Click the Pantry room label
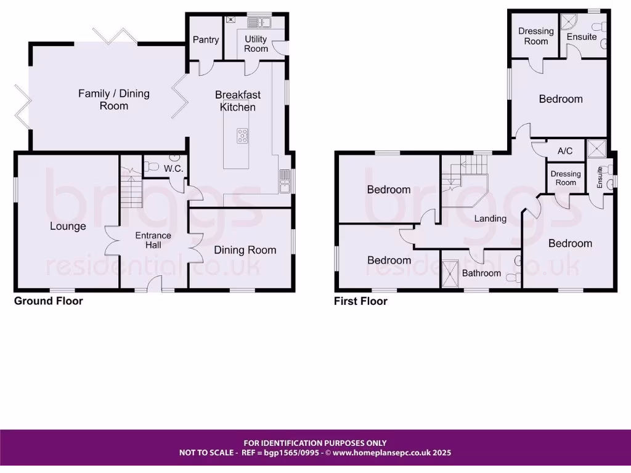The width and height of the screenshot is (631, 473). (x=205, y=39)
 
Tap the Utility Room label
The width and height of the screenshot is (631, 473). (x=256, y=44)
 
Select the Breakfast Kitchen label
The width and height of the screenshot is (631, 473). (x=238, y=101)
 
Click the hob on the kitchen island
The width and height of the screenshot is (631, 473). (x=243, y=135)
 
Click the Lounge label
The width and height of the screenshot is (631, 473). (x=68, y=226)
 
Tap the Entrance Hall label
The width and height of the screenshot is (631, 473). (x=153, y=240)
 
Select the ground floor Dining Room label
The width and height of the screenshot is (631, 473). (x=245, y=249)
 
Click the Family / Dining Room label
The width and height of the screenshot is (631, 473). (x=114, y=100)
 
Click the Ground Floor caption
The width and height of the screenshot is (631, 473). (x=49, y=301)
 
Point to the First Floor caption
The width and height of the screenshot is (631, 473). (x=360, y=301)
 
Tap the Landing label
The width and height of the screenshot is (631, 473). (x=491, y=218)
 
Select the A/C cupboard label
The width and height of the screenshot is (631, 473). (x=565, y=151)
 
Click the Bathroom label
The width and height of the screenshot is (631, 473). (x=481, y=273)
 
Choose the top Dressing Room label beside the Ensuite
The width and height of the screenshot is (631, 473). (x=535, y=36)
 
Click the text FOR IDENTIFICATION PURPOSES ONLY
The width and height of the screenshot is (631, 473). (x=315, y=443)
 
